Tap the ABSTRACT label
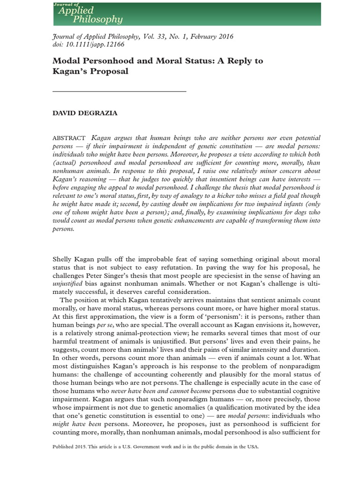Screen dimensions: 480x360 (69, 138)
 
